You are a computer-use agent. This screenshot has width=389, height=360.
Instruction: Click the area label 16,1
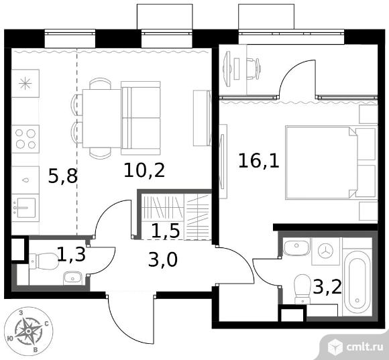point(259,161)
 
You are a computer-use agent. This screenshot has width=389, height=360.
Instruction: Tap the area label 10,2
point(144,170)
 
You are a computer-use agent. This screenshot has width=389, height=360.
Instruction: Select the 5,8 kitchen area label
point(63,176)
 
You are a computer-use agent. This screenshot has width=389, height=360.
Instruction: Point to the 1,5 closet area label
point(166,231)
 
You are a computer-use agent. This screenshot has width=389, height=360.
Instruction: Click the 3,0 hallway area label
point(163,260)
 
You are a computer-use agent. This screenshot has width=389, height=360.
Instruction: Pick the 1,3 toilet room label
point(71,254)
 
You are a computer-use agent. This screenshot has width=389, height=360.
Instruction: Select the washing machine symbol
point(325,251)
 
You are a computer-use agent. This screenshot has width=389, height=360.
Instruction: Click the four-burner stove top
point(25,139)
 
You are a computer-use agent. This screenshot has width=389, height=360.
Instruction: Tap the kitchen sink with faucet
point(25,208)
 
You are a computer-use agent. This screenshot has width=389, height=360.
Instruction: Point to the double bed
point(331,162)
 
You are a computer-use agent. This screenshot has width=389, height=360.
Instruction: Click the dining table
point(102,118)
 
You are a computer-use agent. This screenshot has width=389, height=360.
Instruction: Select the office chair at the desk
point(253,69)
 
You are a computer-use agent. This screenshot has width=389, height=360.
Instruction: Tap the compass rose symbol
point(27,331)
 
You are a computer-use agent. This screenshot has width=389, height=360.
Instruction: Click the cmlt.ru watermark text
point(364,347)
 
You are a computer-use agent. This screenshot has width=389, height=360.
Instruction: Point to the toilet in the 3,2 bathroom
point(302,289)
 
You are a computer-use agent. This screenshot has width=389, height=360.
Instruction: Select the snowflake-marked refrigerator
point(25,83)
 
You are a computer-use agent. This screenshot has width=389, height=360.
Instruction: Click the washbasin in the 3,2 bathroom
point(296,246)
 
